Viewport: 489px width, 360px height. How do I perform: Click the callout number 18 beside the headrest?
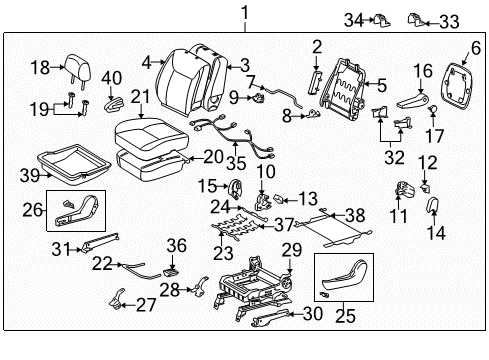point(39,67)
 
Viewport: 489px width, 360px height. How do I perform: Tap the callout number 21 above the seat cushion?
point(141,95)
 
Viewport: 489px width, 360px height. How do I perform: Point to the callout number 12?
point(427,162)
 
